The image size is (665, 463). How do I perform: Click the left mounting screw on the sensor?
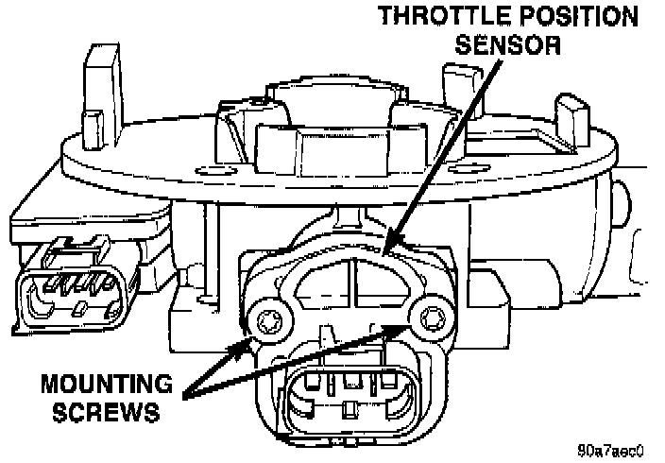click(265, 317)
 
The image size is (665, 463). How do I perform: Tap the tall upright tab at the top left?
click(97, 90)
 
